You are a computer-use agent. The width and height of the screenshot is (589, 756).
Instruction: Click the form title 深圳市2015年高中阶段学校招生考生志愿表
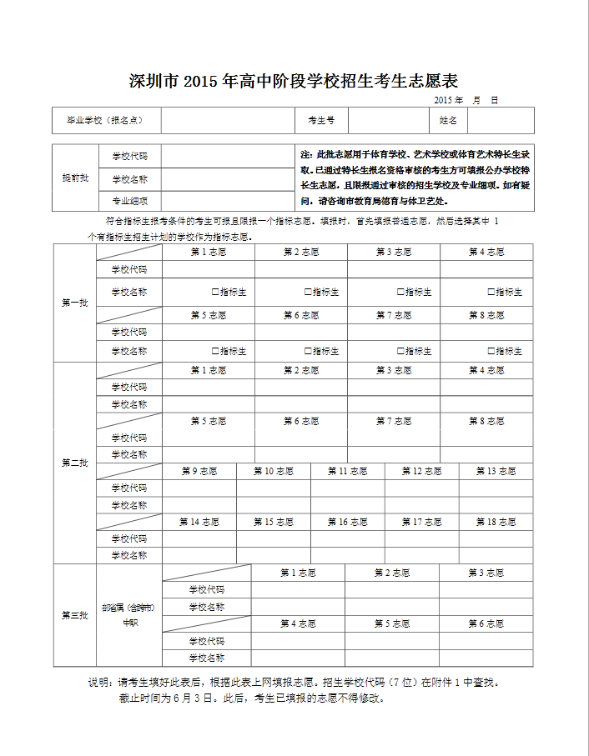294,81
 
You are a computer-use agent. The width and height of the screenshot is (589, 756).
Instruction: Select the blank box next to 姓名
500,121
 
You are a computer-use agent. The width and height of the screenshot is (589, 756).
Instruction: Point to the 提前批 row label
74,178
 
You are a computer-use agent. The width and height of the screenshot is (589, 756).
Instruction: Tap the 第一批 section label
74,303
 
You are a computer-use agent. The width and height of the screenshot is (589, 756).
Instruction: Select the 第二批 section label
74,463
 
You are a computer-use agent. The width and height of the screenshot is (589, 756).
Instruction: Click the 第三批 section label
74,615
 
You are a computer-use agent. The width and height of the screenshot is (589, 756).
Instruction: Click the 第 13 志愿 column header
496,471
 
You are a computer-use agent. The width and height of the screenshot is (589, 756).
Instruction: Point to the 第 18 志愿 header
496,522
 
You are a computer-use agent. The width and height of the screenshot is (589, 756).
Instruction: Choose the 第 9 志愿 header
199,471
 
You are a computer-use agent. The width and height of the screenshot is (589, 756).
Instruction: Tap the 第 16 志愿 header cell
348,522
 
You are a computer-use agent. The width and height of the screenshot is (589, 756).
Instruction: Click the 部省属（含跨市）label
128,608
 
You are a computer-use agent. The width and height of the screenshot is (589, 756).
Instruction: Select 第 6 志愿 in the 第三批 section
486,623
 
